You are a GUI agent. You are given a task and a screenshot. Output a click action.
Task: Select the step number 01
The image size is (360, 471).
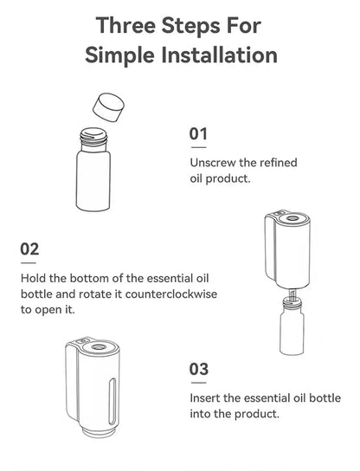199,135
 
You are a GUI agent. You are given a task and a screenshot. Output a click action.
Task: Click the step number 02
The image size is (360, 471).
29,249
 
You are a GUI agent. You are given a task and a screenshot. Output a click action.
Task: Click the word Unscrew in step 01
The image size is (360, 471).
212,163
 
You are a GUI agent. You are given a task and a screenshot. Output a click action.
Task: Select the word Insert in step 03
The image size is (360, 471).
205,397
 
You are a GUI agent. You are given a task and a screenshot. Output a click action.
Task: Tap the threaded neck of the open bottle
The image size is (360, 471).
93,135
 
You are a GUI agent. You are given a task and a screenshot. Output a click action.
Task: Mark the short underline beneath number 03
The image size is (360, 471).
198,382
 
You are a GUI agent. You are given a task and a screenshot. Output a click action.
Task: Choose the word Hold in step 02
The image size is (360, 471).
34,278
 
